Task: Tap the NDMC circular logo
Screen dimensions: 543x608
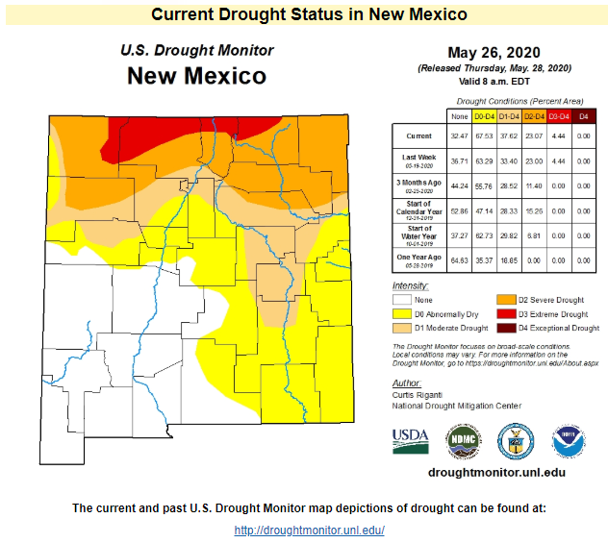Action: click(463, 440)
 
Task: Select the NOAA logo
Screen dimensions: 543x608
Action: click(568, 440)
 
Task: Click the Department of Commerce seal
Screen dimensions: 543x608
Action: click(515, 440)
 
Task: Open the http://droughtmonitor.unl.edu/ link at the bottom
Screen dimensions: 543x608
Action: click(310, 531)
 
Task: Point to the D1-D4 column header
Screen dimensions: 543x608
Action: click(509, 115)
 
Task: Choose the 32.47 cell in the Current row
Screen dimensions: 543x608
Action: click(459, 136)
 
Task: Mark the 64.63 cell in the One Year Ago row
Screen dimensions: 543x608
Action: click(459, 258)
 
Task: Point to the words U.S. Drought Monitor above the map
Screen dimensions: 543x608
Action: click(196, 51)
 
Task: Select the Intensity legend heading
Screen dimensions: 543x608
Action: click(411, 286)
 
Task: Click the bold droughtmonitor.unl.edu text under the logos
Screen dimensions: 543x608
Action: click(494, 472)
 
